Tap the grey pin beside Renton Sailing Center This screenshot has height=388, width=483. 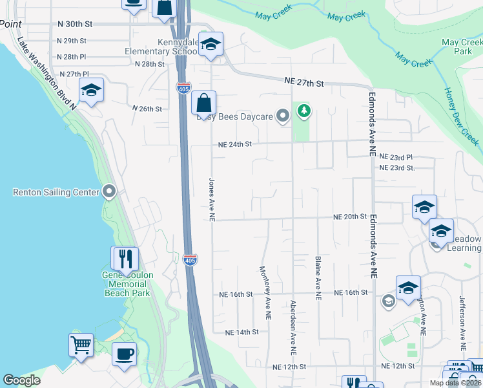108,191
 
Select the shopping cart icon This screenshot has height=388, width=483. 81,345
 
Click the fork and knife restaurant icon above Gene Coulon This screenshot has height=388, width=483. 125,259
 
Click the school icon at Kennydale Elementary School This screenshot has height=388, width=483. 210,45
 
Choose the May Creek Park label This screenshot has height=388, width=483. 462,47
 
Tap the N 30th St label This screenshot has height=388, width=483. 75,23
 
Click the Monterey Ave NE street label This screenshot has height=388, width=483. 265,292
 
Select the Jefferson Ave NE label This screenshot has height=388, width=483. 462,319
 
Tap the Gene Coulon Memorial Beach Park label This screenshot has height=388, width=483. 128,284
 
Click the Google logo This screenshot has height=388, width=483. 22,380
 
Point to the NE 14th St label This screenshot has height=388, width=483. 241,332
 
